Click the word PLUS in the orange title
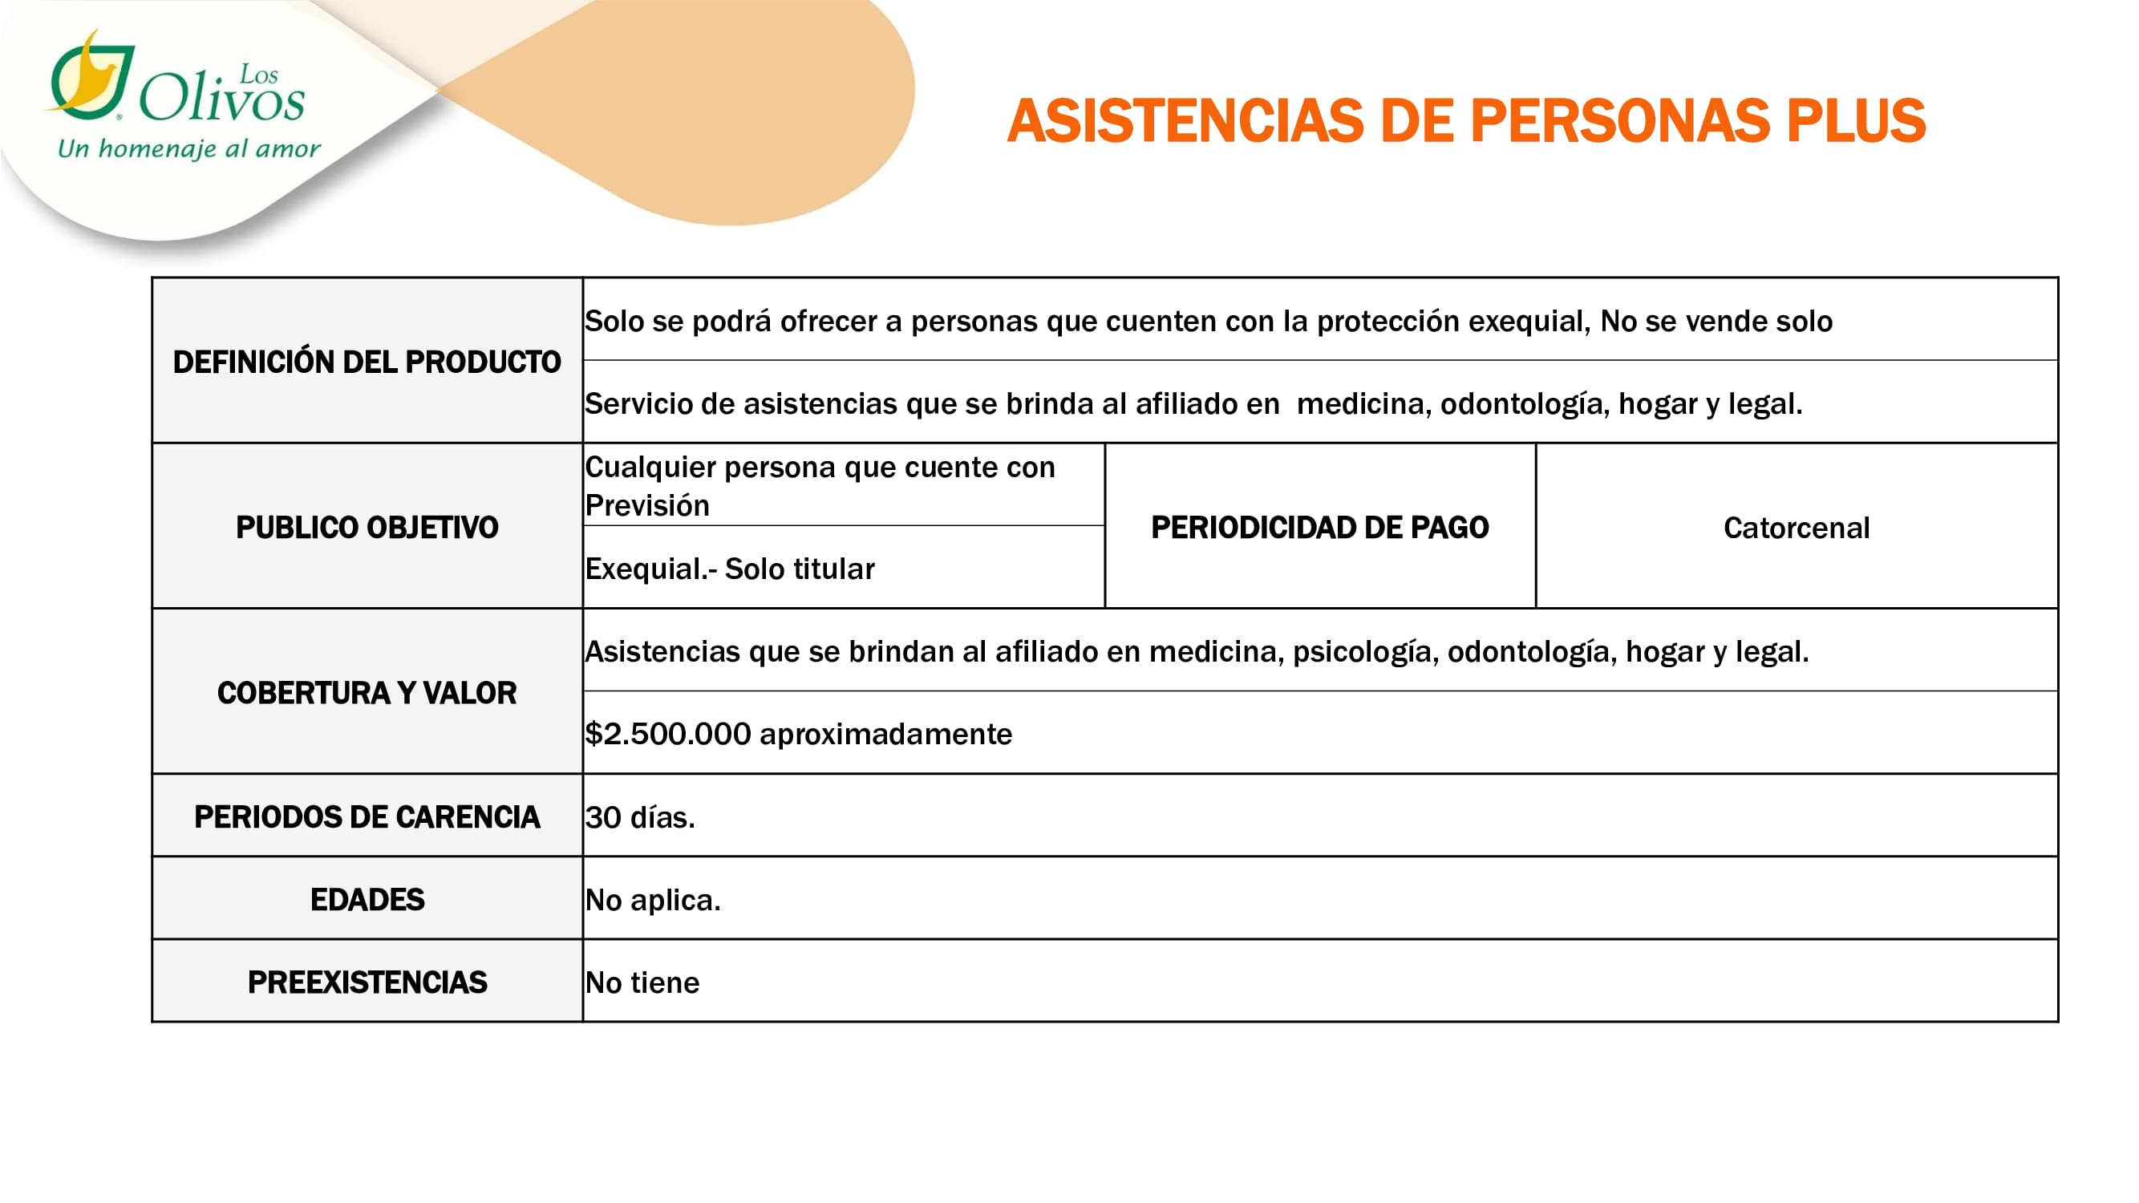click(1855, 121)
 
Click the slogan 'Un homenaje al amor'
click(188, 149)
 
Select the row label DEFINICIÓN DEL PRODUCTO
click(367, 362)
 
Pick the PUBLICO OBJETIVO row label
click(367, 527)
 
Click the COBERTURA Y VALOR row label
click(367, 692)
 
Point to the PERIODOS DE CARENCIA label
click(367, 817)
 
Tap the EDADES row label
click(367, 899)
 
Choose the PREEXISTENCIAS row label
click(367, 982)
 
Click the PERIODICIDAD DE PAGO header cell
click(1319, 527)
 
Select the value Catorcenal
click(1796, 528)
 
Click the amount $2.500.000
click(667, 734)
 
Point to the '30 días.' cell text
click(639, 818)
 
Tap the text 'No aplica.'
click(653, 900)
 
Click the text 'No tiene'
click(642, 983)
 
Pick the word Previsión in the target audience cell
click(647, 505)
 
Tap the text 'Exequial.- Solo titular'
click(729, 569)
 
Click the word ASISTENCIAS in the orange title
click(1185, 121)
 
